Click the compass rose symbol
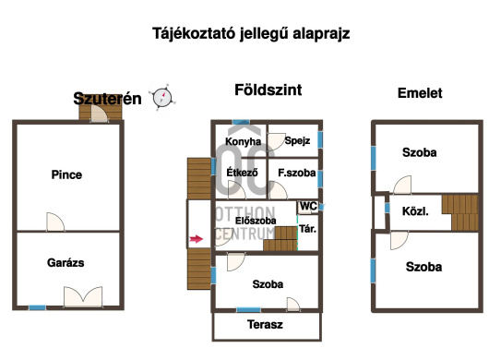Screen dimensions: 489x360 point(162,97)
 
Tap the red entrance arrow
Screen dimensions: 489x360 point(197,239)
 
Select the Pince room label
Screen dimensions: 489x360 point(66,174)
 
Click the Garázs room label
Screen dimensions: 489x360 point(66,263)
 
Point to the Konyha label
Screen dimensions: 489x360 point(244,141)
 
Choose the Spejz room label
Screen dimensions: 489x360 point(297,140)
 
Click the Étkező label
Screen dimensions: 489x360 point(242,173)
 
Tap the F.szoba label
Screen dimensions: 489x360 point(297,173)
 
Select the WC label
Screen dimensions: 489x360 point(308,206)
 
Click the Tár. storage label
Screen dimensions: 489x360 point(308,229)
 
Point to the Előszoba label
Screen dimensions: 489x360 point(256,221)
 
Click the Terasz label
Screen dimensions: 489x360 point(265,324)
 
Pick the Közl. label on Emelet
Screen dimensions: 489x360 point(415,211)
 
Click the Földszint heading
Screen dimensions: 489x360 point(268,90)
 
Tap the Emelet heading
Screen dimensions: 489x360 point(420,93)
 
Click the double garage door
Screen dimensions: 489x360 point(83,297)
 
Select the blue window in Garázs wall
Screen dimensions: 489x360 point(38,307)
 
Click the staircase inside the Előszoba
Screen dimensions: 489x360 point(280,239)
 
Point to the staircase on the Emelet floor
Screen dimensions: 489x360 point(460,212)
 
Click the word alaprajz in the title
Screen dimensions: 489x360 point(321,34)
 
